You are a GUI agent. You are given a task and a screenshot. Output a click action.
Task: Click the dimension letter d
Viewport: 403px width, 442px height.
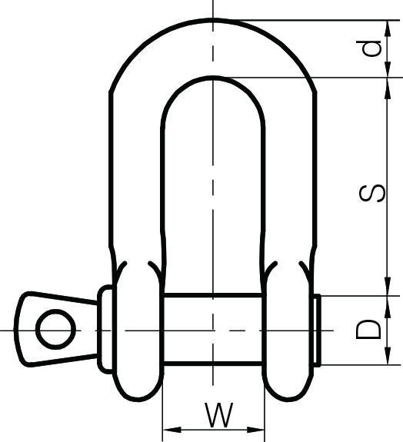pyautogui.click(x=372, y=48)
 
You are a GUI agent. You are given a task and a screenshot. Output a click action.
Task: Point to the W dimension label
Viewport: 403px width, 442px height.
pyautogui.click(x=220, y=416)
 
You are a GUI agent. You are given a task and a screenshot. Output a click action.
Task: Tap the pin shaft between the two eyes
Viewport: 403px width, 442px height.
pyautogui.click(x=213, y=330)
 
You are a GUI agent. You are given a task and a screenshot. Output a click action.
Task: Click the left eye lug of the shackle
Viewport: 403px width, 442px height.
pyautogui.click(x=137, y=331)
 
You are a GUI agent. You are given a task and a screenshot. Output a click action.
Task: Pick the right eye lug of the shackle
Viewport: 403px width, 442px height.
pyautogui.click(x=289, y=331)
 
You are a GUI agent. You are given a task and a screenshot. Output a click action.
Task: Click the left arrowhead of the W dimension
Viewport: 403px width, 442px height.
pyautogui.click(x=168, y=429)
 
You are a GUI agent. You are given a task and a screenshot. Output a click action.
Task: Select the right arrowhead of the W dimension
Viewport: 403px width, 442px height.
pyautogui.click(x=258, y=429)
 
